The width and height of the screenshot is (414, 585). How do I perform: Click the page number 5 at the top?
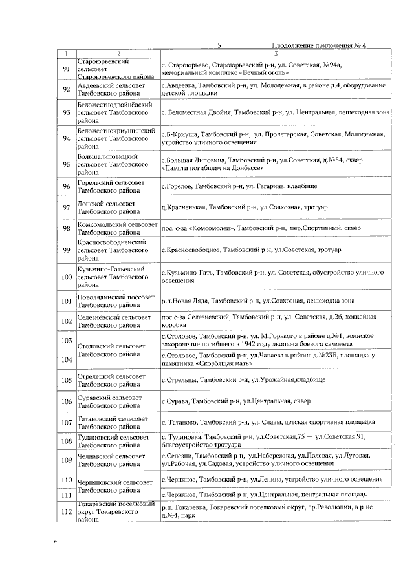coord(219,45)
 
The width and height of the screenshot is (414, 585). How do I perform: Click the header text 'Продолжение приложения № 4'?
coord(323,45)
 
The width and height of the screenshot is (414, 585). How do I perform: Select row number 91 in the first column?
coord(66,69)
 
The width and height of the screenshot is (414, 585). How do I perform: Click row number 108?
coord(66,441)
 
